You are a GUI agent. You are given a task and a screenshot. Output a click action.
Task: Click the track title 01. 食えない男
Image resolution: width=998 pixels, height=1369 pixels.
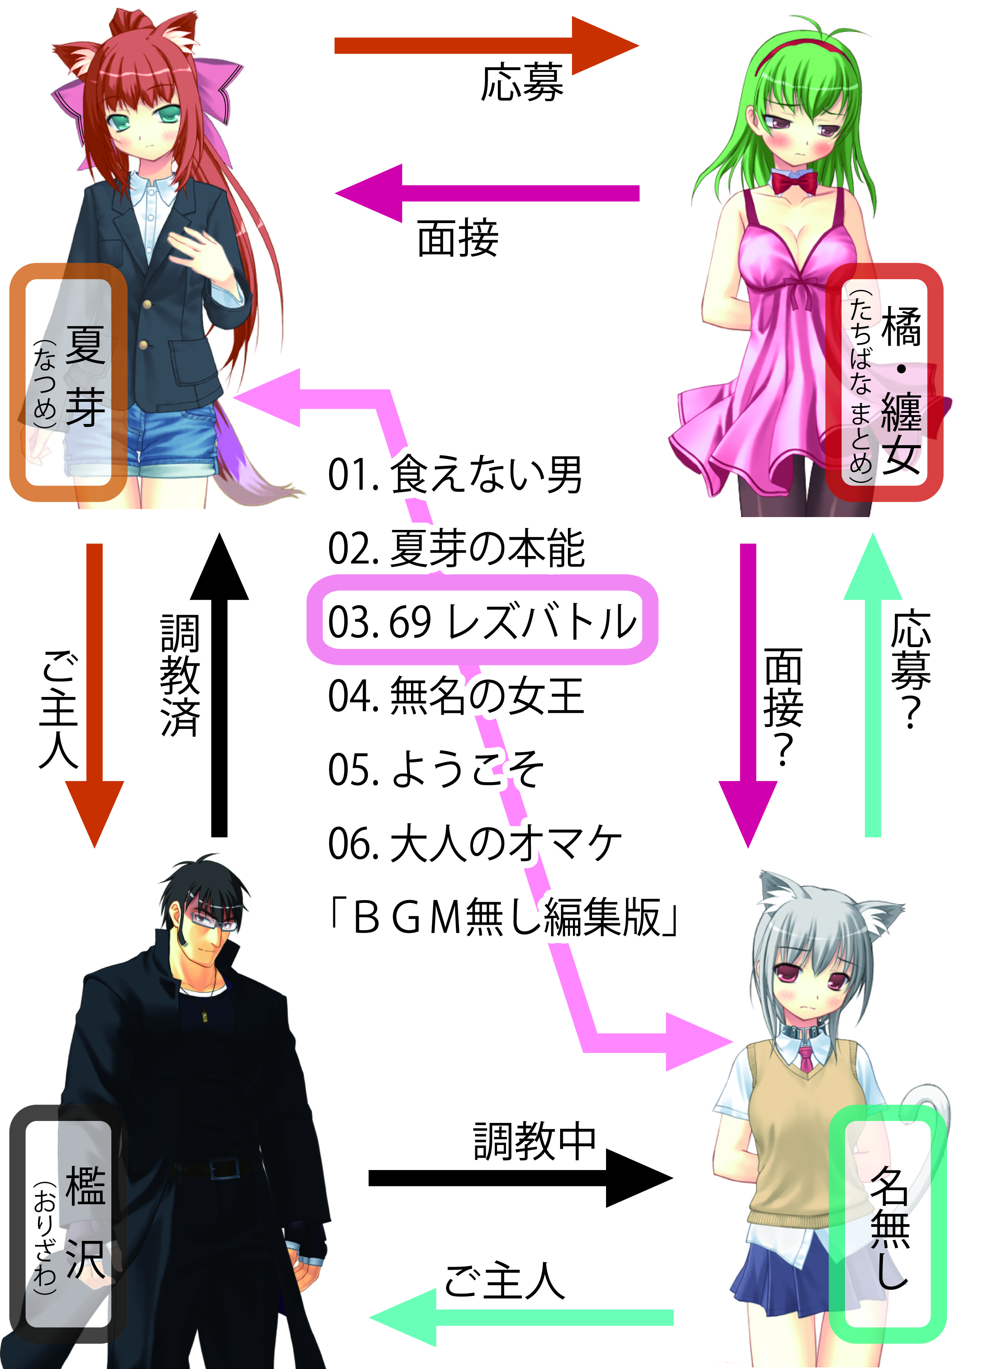coord(454,475)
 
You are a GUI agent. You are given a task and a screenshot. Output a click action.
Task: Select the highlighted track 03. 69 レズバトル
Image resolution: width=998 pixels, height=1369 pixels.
coord(481,621)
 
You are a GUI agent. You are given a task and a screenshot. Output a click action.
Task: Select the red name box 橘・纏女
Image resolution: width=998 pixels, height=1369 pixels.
coord(884,382)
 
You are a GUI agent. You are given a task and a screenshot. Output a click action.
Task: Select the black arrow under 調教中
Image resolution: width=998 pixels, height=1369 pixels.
coord(520,1178)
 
